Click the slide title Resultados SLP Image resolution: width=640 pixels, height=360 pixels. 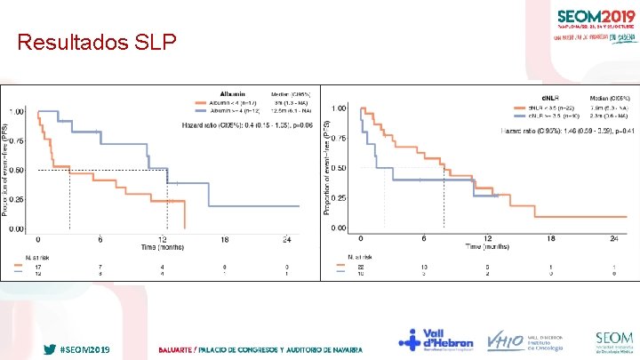[97, 42]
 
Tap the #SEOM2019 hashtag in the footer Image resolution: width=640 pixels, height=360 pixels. [84, 350]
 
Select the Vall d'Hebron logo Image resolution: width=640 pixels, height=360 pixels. [436, 340]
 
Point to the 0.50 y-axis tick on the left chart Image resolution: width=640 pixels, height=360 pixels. [17, 170]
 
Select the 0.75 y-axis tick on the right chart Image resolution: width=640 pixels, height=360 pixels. [339, 138]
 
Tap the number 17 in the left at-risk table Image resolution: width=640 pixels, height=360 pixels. [38, 266]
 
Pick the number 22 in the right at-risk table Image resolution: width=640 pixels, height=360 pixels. [360, 266]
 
